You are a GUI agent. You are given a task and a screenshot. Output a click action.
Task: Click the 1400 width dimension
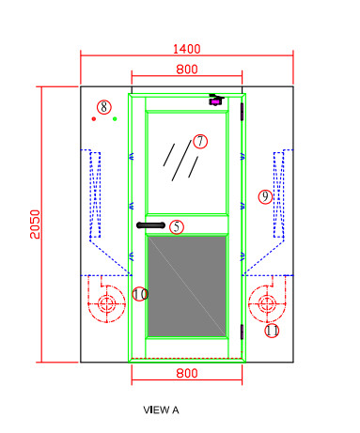point(186,49)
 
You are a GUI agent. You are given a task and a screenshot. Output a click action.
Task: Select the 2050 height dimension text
point(35,224)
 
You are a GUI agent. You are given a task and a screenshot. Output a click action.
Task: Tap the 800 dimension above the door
point(187,70)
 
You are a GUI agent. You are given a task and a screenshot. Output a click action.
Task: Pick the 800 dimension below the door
point(187,373)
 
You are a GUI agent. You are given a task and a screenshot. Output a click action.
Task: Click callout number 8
point(104,107)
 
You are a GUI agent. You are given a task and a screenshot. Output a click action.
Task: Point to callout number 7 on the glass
point(200,141)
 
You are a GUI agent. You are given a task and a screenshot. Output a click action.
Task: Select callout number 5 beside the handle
point(177,226)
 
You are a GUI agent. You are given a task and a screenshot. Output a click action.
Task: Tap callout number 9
point(265,197)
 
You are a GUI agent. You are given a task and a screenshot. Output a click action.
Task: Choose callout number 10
point(140,294)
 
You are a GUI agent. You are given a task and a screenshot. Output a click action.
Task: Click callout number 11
point(272,331)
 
